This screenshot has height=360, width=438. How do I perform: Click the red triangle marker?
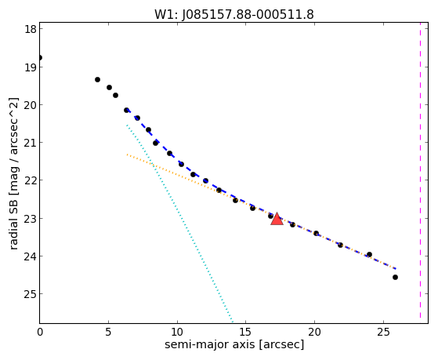coord(277,219)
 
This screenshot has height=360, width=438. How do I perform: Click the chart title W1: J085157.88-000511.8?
coord(234,15)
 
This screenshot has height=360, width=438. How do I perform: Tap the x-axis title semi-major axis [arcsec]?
coord(234,344)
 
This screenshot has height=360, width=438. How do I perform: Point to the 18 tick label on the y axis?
coord(31,29)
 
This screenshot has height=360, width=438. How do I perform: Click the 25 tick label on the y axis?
coord(31,294)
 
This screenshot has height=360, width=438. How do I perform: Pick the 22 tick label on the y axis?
coord(31,180)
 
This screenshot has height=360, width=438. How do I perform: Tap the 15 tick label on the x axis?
coord(246,332)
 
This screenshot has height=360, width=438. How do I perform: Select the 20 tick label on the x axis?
coord(314,332)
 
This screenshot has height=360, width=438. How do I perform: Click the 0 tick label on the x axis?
coord(40,332)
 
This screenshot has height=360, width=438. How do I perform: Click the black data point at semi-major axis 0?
coord(40,58)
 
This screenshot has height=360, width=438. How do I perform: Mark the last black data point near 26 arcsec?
coord(395,277)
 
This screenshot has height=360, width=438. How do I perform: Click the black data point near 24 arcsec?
coord(369,255)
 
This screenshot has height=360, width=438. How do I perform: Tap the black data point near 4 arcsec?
coord(97,80)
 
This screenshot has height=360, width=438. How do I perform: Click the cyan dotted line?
coord(179,223)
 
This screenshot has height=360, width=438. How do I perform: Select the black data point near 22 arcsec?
coord(340,245)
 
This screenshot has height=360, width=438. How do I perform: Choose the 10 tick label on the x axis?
coord(177,332)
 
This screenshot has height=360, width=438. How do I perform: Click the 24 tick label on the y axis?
coord(31,256)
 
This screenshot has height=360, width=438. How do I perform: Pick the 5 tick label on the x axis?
coord(108,332)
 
